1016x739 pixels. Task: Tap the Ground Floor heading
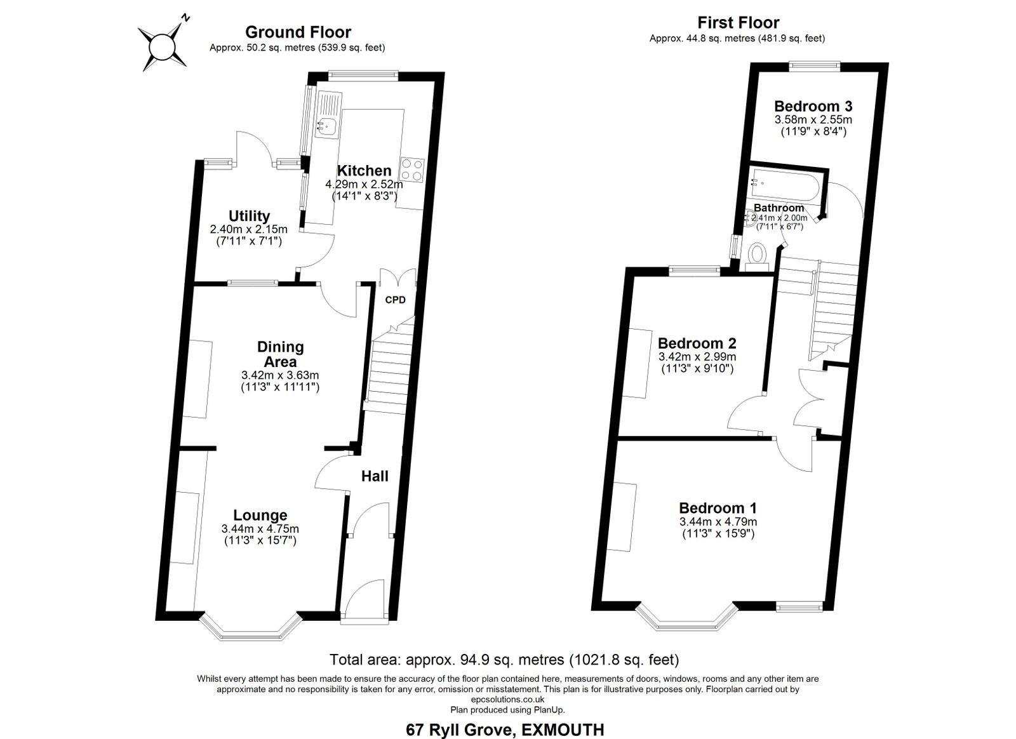pos(298,32)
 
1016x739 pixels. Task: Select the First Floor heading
pos(739,23)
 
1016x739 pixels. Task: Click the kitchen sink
pos(326,126)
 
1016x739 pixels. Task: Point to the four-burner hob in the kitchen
pos(412,170)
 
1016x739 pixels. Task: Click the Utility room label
pos(249,216)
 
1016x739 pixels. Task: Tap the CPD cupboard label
pos(395,300)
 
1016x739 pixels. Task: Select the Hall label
pos(375,476)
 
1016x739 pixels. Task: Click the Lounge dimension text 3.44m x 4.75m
pos(260,529)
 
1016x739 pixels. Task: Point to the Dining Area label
pos(280,354)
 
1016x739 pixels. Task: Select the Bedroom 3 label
pos(813,106)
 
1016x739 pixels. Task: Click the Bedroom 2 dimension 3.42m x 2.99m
pos(697,357)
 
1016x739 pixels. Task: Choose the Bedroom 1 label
pos(718,508)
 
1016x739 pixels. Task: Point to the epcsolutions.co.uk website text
pos(507,699)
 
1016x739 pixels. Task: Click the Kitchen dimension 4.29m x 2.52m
pos(364,185)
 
